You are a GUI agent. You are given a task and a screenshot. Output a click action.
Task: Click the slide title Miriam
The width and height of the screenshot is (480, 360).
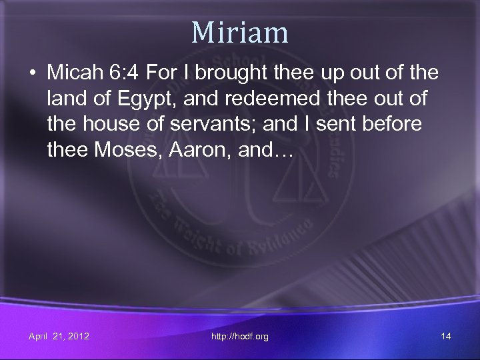click(x=239, y=32)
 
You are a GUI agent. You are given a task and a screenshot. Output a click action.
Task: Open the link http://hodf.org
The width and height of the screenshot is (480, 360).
click(x=240, y=337)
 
